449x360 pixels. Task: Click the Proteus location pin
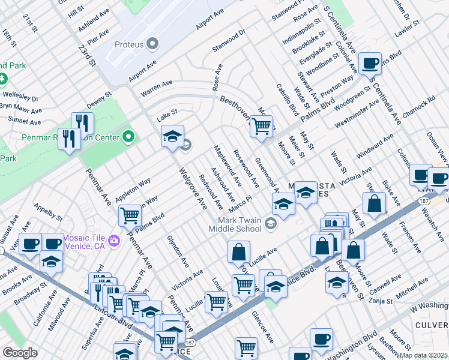(x=152, y=43)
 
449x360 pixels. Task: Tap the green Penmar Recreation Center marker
(x=128, y=137)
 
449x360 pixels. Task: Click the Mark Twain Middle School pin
(x=270, y=224)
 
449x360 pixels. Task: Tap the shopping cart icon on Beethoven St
(x=261, y=127)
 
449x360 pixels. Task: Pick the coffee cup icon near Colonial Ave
(x=370, y=62)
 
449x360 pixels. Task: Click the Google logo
(x=20, y=353)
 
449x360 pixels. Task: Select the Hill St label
(x=76, y=12)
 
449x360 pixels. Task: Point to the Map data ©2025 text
(x=423, y=355)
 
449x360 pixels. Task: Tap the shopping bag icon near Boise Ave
(x=375, y=203)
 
